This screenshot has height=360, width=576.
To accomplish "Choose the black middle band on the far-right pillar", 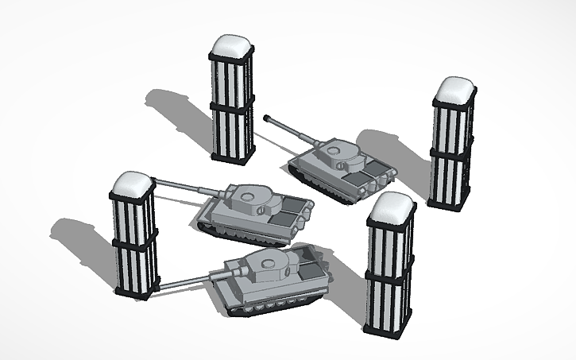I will pyautogui.click(x=452, y=150).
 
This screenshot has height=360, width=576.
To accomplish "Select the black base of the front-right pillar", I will pyautogui.click(x=387, y=327).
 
